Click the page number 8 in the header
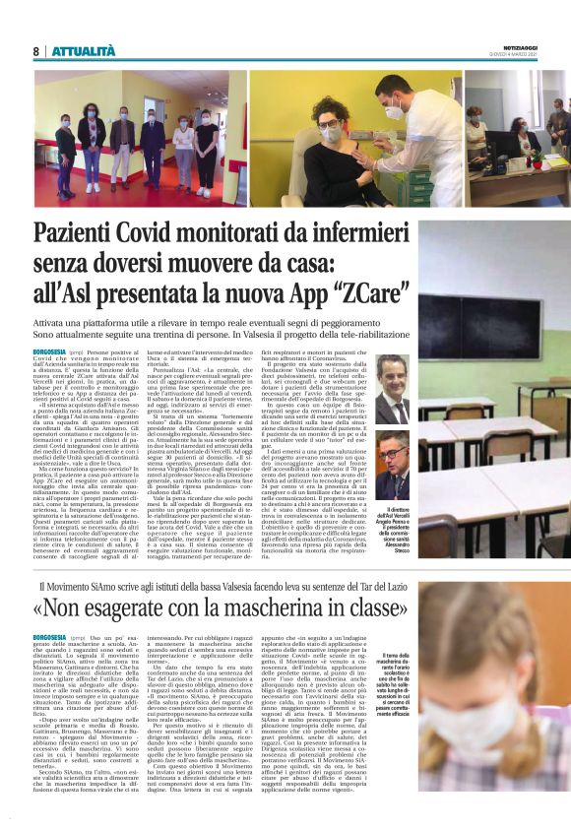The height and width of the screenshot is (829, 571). pyautogui.click(x=35, y=50)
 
